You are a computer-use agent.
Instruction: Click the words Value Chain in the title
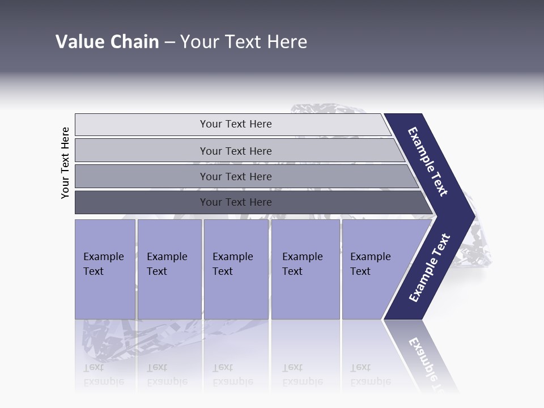(x=107, y=42)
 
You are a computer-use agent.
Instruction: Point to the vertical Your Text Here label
(x=65, y=163)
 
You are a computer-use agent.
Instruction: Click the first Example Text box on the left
(x=105, y=269)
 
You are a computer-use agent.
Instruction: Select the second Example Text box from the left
(x=169, y=269)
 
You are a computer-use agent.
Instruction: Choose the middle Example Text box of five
(x=236, y=269)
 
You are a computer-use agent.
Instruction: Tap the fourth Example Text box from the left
(x=305, y=269)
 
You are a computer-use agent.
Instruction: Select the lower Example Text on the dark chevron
(x=430, y=267)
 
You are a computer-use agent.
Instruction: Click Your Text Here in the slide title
(x=244, y=42)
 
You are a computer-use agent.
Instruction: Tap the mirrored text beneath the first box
(x=103, y=375)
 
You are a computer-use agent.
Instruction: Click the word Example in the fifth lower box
(x=371, y=257)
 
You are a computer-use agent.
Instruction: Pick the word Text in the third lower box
(x=223, y=271)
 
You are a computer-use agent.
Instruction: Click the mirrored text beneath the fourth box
(x=302, y=375)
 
